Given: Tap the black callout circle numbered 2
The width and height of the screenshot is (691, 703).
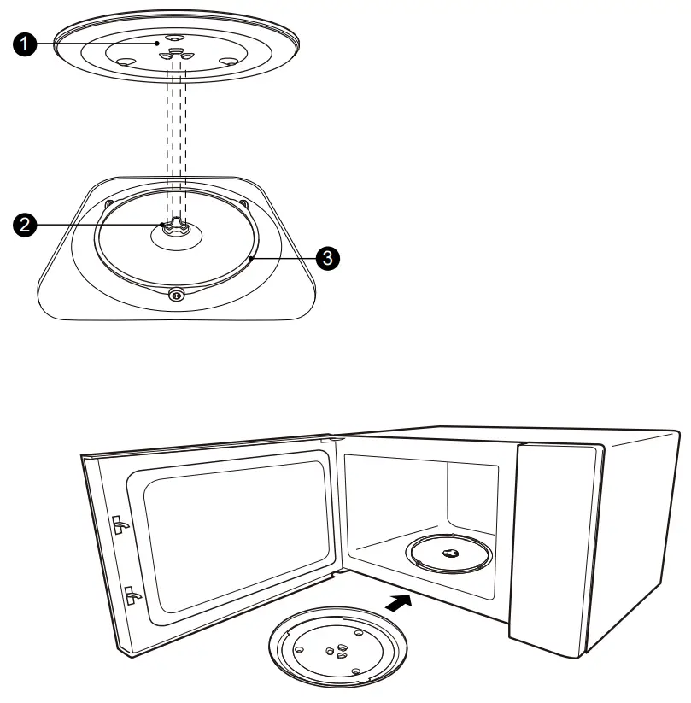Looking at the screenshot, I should (x=29, y=226).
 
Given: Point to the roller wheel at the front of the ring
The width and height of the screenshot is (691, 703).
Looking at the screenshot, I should (x=176, y=294).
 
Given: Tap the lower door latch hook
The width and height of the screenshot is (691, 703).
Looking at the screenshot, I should (x=131, y=593).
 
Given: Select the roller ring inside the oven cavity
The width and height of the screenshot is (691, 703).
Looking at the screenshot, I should (x=450, y=554).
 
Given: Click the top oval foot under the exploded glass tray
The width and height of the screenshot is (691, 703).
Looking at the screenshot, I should (x=174, y=38).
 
